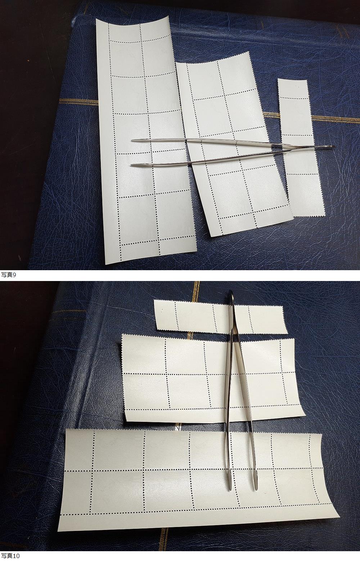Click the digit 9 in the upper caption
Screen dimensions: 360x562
[14, 275]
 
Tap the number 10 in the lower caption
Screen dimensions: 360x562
[16, 558]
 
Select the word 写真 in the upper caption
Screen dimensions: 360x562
[7, 275]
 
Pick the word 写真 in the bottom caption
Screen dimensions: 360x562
[7, 558]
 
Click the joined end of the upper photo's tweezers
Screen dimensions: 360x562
[333, 147]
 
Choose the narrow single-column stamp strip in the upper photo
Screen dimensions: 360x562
[300, 148]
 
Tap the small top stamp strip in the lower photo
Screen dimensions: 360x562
[221, 317]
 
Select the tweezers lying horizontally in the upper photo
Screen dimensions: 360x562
[233, 152]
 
